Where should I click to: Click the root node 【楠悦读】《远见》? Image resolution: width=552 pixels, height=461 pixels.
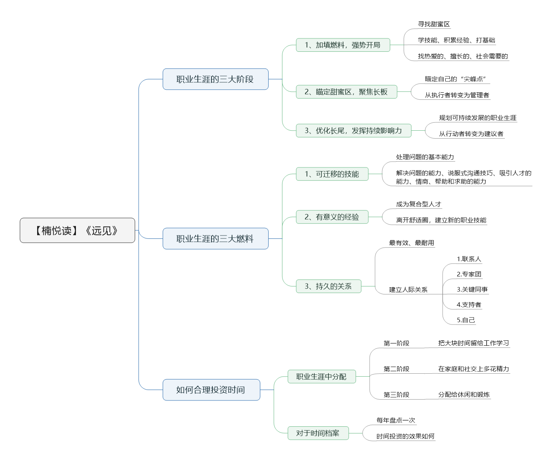(77, 230)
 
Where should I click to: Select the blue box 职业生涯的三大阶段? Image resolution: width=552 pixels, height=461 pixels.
(215, 79)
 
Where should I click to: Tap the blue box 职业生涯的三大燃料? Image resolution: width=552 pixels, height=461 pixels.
(215, 238)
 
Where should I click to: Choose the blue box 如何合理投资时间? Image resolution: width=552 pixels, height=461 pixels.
(211, 390)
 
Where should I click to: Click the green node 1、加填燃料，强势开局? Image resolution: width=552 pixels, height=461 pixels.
(343, 45)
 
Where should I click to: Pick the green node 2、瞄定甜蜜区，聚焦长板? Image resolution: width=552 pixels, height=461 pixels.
(346, 92)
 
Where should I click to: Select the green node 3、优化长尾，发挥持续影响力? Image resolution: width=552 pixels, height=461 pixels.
(353, 130)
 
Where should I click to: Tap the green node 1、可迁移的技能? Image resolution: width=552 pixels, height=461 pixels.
(332, 174)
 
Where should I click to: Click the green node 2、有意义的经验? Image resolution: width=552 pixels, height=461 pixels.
(332, 217)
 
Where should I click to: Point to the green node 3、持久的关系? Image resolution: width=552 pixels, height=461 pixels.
(328, 286)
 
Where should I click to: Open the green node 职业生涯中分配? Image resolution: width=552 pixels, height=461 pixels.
(321, 377)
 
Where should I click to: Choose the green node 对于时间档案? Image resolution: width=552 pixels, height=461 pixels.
(318, 433)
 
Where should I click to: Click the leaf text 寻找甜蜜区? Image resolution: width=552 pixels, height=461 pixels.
(434, 24)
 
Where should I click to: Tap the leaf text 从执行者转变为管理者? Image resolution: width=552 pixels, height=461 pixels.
(457, 95)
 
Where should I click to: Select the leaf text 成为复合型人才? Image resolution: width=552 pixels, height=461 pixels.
(419, 204)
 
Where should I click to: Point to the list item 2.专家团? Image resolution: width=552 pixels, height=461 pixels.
(469, 274)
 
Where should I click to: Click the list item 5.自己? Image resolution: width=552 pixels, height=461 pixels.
(466, 320)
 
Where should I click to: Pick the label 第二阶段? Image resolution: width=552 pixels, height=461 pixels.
(396, 369)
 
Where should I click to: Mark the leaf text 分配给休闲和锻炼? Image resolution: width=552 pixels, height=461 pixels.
(464, 395)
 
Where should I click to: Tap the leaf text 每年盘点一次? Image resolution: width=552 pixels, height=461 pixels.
(396, 420)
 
